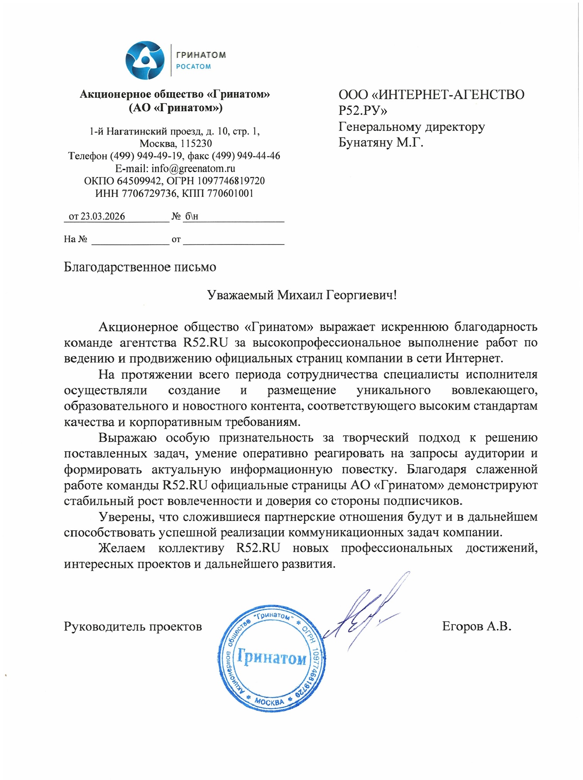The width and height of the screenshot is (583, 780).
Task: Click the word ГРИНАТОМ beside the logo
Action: pyautogui.click(x=201, y=55)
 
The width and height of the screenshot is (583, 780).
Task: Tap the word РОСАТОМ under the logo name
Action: pyautogui.click(x=194, y=66)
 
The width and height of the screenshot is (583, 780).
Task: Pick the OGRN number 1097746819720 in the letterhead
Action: pyautogui.click(x=231, y=181)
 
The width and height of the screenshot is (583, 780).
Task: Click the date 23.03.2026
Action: pyautogui.click(x=103, y=216)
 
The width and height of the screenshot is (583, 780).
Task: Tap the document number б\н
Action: pyautogui.click(x=191, y=216)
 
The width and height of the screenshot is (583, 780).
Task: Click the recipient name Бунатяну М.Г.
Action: pyautogui.click(x=381, y=143)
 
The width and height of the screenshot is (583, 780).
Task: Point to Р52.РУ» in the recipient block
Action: pyautogui.click(x=363, y=111)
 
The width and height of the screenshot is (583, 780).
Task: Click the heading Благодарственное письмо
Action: pyautogui.click(x=140, y=267)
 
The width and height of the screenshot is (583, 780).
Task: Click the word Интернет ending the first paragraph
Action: pyautogui.click(x=474, y=358)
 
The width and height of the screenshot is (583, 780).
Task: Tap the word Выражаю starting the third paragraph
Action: pyautogui.click(x=127, y=437)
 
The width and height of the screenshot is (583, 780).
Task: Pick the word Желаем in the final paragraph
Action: pyautogui.click(x=122, y=548)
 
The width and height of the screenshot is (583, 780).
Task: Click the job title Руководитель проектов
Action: pyautogui.click(x=133, y=626)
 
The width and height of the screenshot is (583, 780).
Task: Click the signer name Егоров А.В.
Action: pyautogui.click(x=477, y=626)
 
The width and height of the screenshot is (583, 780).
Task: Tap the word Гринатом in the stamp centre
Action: pyautogui.click(x=272, y=657)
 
